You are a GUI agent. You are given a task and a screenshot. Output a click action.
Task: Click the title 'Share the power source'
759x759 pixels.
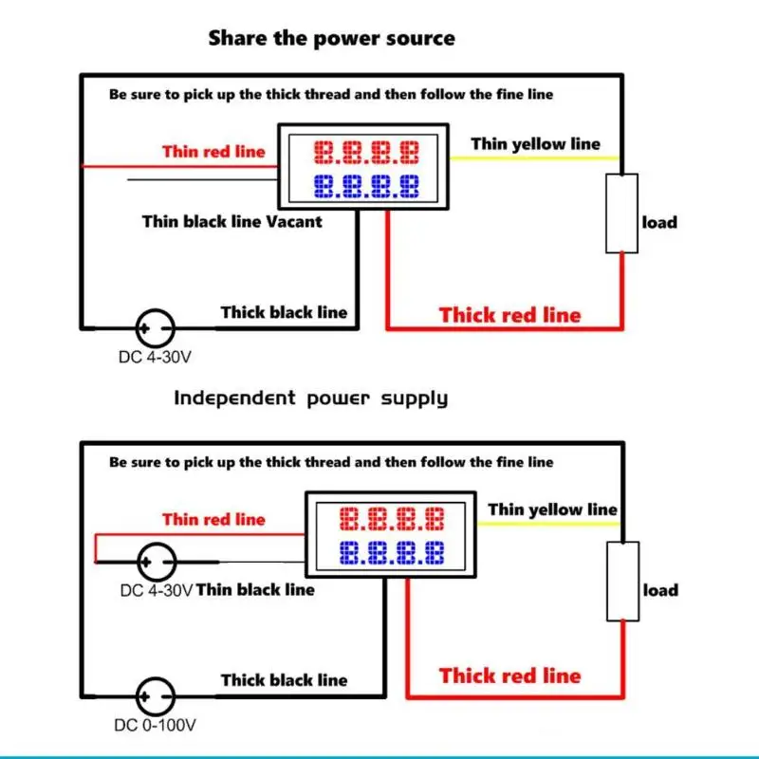pos(331,38)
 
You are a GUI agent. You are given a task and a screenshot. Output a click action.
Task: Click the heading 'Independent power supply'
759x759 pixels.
pos(311,398)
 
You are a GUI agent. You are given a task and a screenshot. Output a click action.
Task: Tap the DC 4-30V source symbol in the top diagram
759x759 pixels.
pos(155,328)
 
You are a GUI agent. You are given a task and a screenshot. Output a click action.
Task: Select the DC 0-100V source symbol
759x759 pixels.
pos(155,696)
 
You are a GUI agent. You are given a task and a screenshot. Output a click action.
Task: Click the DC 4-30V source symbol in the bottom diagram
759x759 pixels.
pos(157,562)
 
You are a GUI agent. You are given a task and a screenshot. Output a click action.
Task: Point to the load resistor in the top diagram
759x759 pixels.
pos(622,213)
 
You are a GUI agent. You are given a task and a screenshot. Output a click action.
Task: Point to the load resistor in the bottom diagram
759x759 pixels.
pos(623,582)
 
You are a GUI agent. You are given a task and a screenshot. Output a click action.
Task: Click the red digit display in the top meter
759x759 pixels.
pos(366,152)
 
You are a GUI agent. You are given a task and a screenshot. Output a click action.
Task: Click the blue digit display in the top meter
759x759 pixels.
pos(366,186)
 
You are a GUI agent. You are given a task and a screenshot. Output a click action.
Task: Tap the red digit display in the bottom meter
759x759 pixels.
pos(392,519)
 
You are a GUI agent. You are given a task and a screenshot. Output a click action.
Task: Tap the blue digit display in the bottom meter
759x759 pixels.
pos(392,553)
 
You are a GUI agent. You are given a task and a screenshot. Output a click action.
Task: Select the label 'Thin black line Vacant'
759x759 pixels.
pos(232,222)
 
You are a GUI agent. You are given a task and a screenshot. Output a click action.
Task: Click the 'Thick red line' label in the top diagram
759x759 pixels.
pos(510,315)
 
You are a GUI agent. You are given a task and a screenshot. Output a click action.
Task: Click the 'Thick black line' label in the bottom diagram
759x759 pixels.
pos(285,680)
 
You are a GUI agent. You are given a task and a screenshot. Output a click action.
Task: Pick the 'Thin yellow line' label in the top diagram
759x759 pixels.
pos(536,144)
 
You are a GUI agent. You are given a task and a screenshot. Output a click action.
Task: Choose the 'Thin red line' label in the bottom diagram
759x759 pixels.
pos(214,519)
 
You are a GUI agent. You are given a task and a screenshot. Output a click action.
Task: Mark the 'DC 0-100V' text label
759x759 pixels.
pos(155,725)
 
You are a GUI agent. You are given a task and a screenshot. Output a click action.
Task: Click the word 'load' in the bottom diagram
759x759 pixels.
pos(660,590)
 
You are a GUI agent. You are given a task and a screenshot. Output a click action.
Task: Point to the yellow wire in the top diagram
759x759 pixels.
pos(534,157)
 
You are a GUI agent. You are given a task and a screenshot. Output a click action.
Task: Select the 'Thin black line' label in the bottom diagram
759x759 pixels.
pos(255,589)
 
